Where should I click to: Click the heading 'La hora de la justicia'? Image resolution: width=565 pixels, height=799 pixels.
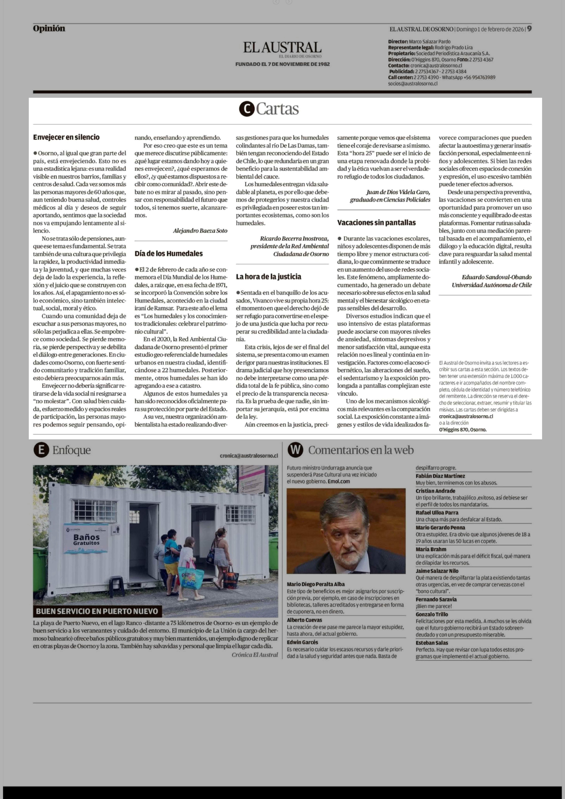pyautogui.click(x=268, y=277)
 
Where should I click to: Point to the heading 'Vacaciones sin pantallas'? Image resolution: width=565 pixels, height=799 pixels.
pyautogui.click(x=376, y=222)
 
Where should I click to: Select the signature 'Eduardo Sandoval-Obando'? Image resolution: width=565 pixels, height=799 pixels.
pyautogui.click(x=496, y=277)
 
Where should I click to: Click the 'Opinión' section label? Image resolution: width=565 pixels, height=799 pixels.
pyautogui.click(x=49, y=29)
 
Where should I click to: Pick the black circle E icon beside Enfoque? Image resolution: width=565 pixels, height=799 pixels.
pyautogui.click(x=41, y=450)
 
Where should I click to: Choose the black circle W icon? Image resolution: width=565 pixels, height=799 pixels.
pyautogui.click(x=295, y=450)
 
